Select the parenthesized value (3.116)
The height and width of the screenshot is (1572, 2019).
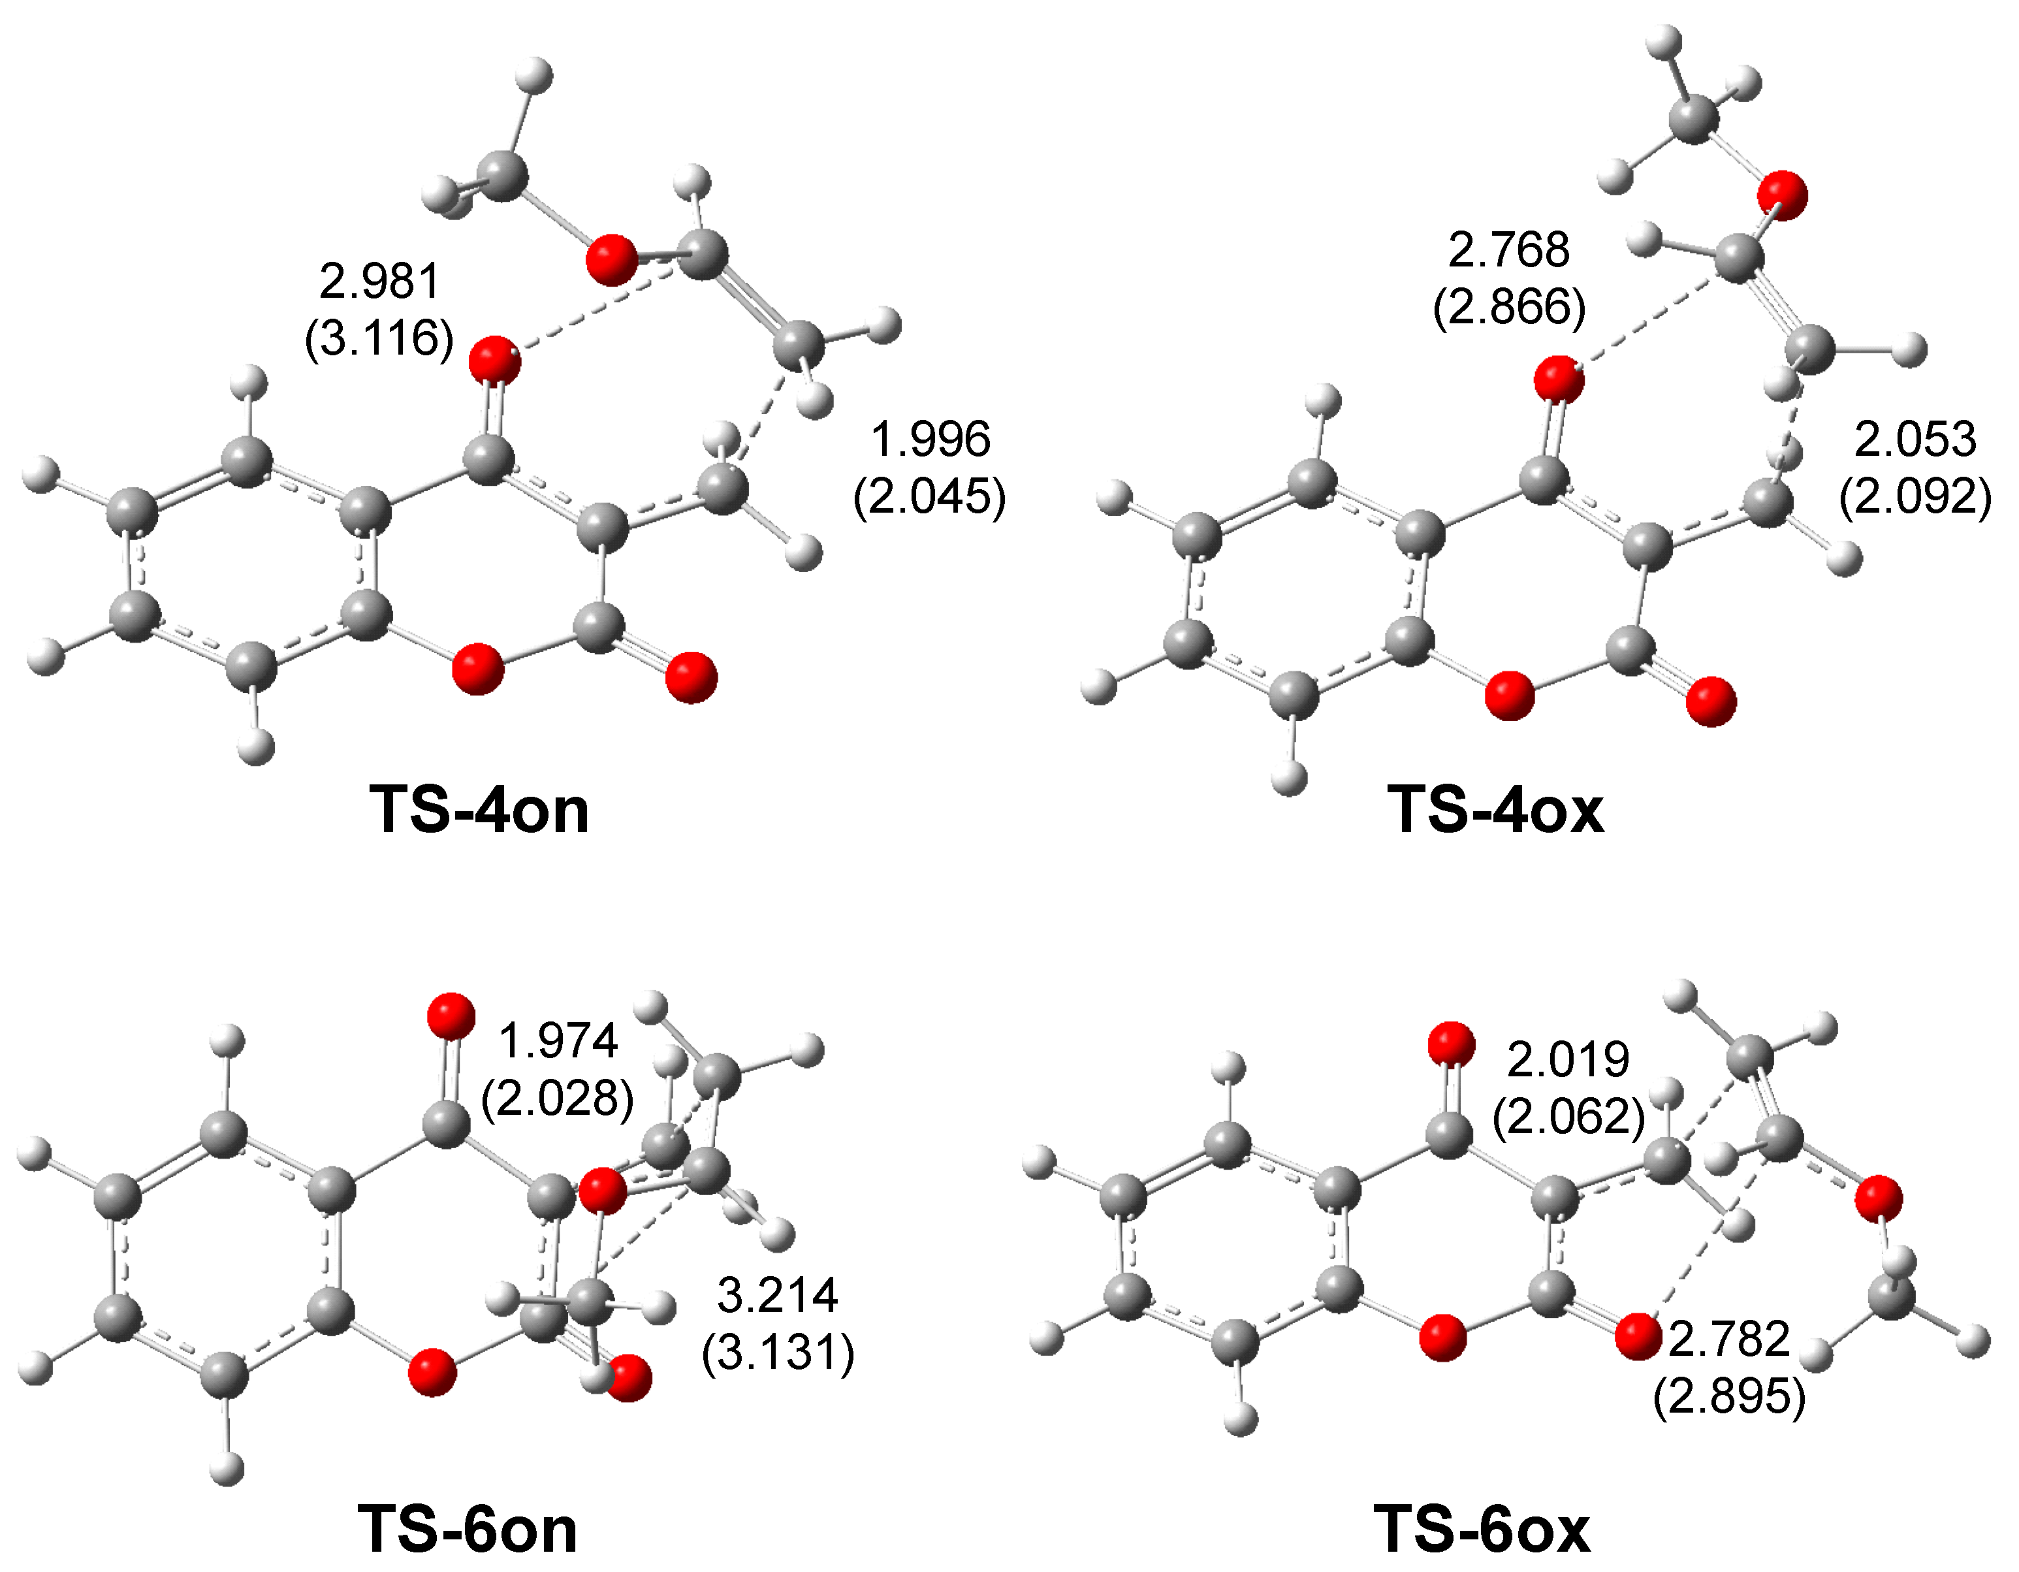pyautogui.click(x=379, y=338)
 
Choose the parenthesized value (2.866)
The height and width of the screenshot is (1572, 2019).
pyautogui.click(x=1509, y=307)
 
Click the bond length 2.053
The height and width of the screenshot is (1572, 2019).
pyautogui.click(x=1915, y=440)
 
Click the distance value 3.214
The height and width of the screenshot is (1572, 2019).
pyautogui.click(x=778, y=1296)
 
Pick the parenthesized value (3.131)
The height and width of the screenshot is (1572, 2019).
pyautogui.click(x=778, y=1353)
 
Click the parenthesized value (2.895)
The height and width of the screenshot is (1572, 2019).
pyautogui.click(x=1728, y=1396)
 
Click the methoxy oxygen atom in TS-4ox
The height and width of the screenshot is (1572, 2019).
pyautogui.click(x=1781, y=195)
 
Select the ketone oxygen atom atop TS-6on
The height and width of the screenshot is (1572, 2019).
pyautogui.click(x=451, y=1017)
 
